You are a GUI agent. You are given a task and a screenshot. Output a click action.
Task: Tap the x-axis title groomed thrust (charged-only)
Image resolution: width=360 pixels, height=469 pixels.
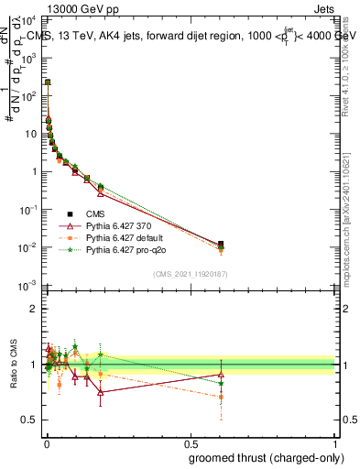pos(270,457)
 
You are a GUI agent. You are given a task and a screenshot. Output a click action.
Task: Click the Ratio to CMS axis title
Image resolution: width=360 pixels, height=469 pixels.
pos(13,365)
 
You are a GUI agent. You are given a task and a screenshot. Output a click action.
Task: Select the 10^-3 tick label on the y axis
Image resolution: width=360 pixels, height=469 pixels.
pos(27,287)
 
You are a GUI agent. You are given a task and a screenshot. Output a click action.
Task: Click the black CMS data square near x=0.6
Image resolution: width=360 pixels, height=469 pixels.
pos(221,245)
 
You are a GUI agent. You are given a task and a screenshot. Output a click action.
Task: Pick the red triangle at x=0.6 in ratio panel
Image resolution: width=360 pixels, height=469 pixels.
pos(221,375)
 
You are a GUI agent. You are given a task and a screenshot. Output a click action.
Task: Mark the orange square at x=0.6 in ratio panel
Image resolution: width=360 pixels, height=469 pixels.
pos(221,397)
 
